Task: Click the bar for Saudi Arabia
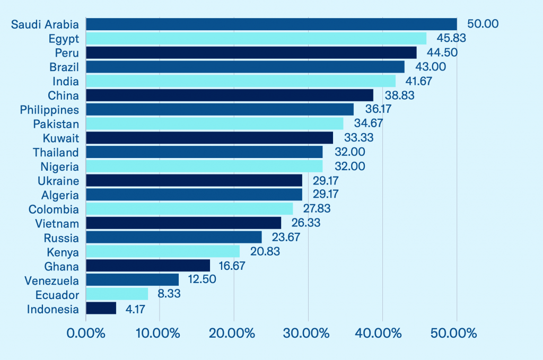point(271,24)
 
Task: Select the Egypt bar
point(256,38)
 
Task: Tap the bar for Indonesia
point(101,309)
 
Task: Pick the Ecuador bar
point(117,294)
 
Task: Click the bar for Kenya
point(163,251)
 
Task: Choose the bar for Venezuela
point(132,280)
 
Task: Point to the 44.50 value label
point(442,52)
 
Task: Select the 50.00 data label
point(483,24)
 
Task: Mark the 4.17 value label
point(136,309)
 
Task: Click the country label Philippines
point(49,110)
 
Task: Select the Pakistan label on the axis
point(56,124)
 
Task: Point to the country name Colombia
point(54,209)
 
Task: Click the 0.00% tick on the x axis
point(86,334)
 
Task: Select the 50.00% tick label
point(456,334)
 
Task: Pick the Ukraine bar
point(194,180)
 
